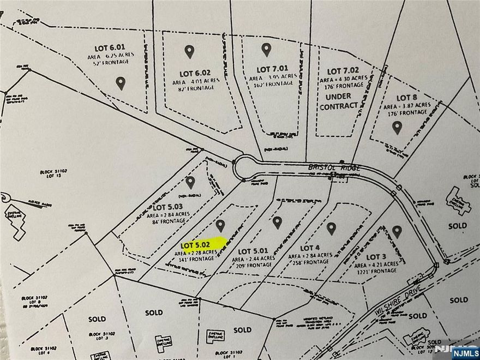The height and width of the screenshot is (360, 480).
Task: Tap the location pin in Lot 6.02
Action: pos(189,52)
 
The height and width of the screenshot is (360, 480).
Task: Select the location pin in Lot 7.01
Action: pos(266,50)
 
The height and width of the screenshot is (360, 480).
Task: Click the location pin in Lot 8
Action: pos(397,127)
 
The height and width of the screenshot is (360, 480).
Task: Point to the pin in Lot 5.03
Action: pos(190,182)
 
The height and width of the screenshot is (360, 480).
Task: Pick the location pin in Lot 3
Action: pos(397,232)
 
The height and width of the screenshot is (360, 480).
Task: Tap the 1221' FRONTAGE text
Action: pos(385,271)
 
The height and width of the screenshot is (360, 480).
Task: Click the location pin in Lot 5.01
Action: pos(277,223)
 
